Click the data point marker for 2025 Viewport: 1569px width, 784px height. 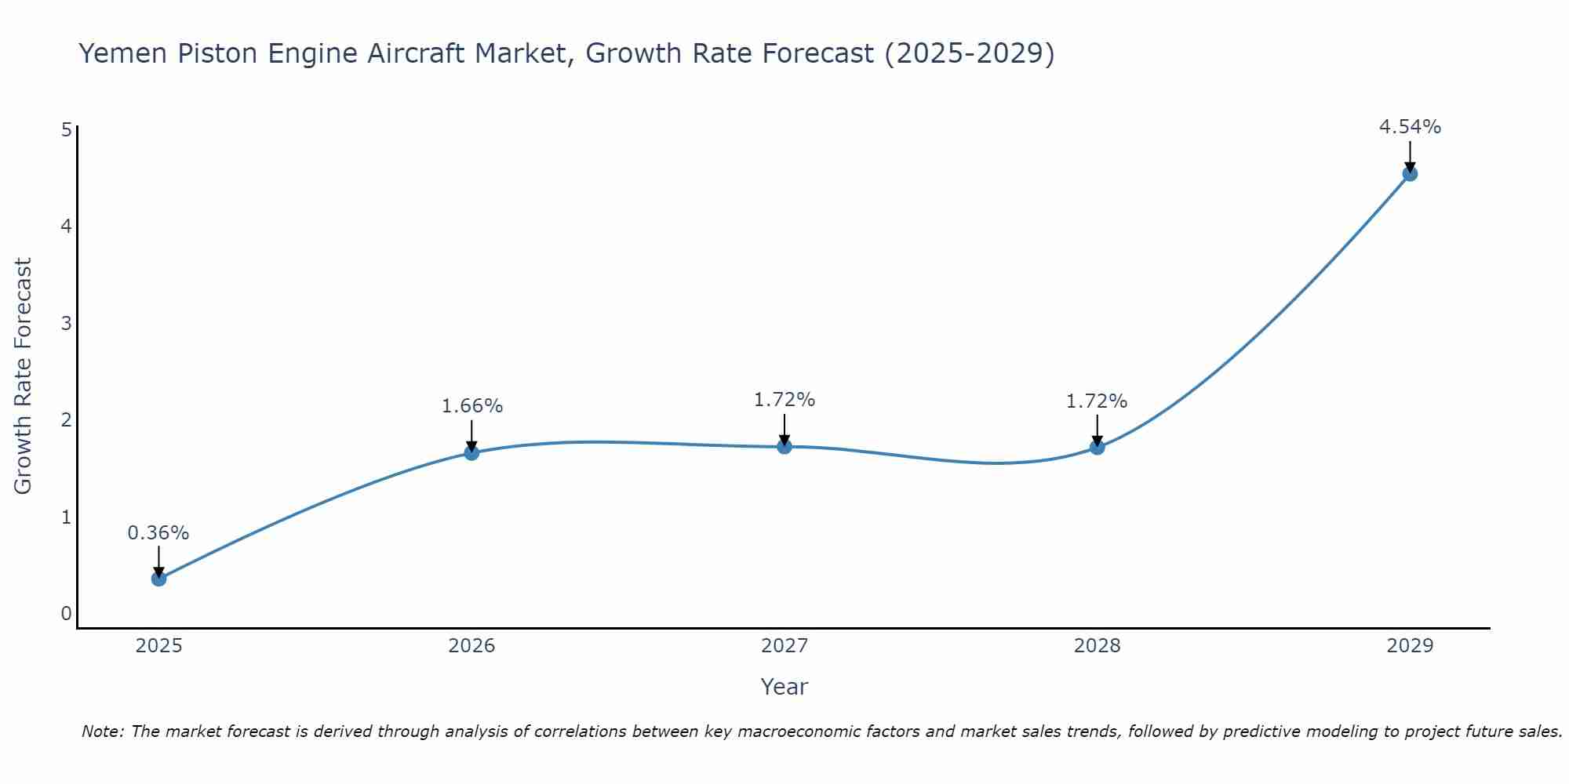click(158, 579)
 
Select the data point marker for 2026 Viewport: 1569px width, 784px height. click(471, 452)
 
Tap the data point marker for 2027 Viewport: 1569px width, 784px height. click(784, 447)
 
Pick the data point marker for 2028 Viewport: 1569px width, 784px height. click(1097, 447)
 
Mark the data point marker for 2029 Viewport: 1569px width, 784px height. click(1410, 174)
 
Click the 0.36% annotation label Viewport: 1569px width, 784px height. click(158, 533)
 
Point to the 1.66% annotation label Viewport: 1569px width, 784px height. click(471, 406)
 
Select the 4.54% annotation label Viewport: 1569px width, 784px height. click(1410, 127)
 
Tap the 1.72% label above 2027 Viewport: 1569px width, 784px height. click(784, 400)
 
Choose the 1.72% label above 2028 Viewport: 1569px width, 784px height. click(1097, 401)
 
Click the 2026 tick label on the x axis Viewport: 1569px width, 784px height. click(471, 646)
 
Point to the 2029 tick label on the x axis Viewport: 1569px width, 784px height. click(1410, 646)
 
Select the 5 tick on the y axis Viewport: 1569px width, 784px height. click(66, 129)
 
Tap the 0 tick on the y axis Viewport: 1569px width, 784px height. click(66, 613)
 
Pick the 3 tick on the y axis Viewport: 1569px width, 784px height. click(66, 323)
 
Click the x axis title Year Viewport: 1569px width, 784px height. click(784, 687)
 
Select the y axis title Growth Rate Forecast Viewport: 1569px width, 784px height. click(24, 376)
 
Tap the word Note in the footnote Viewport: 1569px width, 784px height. click(102, 731)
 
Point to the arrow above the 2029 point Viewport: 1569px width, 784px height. click(1410, 155)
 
